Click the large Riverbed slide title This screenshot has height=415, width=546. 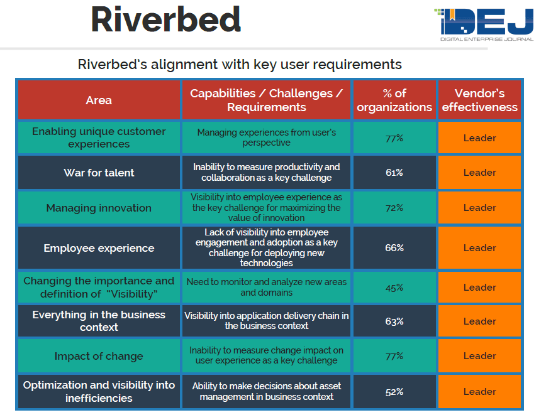click(165, 20)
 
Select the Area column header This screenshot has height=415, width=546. click(99, 100)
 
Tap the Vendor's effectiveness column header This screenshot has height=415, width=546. click(479, 100)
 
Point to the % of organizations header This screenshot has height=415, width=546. click(394, 100)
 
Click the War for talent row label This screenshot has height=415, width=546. click(99, 173)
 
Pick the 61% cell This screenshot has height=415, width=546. click(394, 173)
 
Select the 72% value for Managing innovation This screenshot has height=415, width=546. click(394, 208)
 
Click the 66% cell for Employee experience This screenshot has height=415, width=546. click(394, 248)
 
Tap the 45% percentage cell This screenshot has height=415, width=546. click(394, 288)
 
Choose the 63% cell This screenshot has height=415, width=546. click(394, 321)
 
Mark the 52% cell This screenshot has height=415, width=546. click(394, 392)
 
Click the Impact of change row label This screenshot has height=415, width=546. click(99, 356)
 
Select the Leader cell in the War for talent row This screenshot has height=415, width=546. click(479, 173)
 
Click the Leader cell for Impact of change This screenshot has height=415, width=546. click(479, 356)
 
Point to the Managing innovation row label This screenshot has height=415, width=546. click(99, 208)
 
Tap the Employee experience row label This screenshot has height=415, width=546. click(99, 248)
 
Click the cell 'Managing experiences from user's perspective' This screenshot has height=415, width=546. click(266, 137)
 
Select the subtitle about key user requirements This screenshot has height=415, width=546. click(240, 64)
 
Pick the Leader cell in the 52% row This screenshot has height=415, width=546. click(479, 392)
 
